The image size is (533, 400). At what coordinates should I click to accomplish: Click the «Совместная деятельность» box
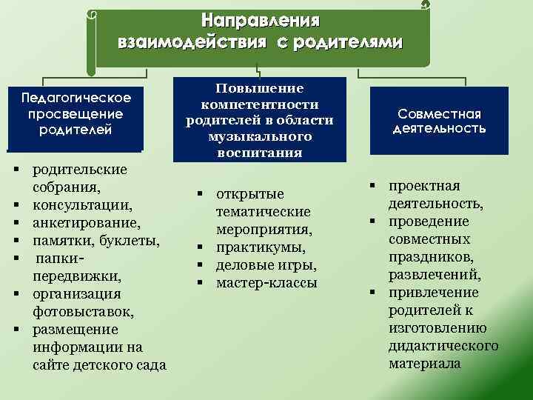pos(439,121)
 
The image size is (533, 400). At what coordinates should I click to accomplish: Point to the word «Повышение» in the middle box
pos(259,89)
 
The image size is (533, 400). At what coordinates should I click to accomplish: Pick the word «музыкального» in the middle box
pos(259,137)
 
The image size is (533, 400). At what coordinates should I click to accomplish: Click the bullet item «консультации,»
pos(84,204)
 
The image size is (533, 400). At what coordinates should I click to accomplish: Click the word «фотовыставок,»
pos(81,311)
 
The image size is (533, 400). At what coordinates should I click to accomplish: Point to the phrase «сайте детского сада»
pos(100,365)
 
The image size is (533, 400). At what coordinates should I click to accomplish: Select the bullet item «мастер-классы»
pos(266,283)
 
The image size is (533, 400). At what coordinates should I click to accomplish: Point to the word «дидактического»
pos(443,346)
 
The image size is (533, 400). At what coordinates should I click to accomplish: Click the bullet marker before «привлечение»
pos(374,293)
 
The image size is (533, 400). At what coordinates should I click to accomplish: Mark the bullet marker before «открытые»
pos(201,194)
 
